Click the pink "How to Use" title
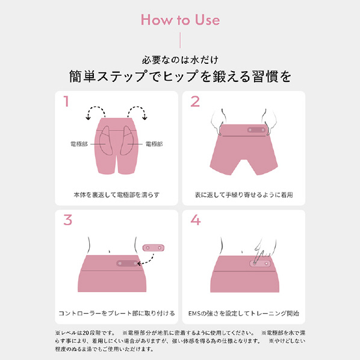pos(180,20)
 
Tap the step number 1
pos(67,102)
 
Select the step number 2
pos(195,102)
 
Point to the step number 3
pos(68,220)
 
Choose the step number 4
pos(196,220)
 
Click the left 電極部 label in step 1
pos(79,144)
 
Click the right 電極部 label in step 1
pos(154,144)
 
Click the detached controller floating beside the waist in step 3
pos(154,248)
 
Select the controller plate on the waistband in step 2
pos(256,130)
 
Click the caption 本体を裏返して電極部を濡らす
pos(116,195)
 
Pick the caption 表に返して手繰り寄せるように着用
pos(244,195)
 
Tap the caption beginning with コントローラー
pos(117,314)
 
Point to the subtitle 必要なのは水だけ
pos(180,60)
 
